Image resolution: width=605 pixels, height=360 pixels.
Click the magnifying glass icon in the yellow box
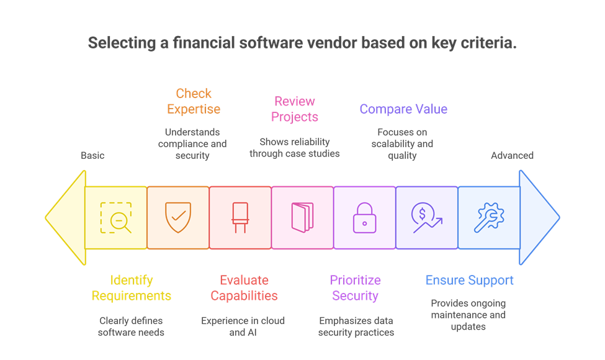(116, 218)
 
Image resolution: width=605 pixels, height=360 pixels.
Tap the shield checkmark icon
(178, 217)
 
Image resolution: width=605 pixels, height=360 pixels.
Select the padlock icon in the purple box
(364, 217)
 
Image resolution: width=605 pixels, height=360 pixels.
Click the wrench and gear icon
(489, 218)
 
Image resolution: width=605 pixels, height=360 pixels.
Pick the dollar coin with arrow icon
(427, 217)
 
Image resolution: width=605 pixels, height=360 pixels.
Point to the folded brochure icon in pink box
(302, 217)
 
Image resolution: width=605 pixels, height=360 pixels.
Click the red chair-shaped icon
(240, 217)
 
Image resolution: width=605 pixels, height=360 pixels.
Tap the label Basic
(92, 155)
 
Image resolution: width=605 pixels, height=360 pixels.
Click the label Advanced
(513, 155)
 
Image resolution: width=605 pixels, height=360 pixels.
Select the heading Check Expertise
(194, 101)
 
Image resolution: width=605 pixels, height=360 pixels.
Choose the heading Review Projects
(295, 109)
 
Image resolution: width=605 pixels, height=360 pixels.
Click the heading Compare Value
(403, 109)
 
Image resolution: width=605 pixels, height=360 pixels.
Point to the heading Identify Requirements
(132, 288)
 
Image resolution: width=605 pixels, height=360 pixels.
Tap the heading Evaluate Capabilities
(244, 288)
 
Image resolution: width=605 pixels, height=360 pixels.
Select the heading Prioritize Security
(355, 288)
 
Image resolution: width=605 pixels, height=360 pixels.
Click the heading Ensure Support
(470, 280)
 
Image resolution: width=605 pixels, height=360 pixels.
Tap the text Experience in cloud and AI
(243, 326)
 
